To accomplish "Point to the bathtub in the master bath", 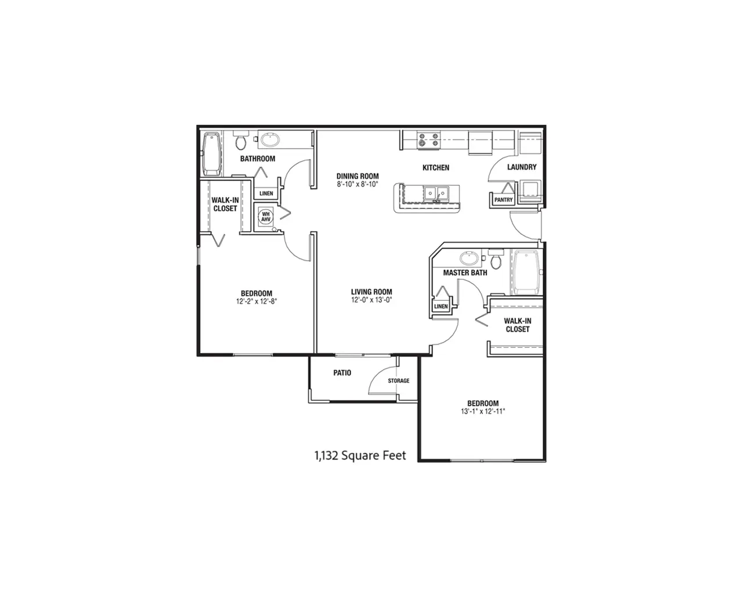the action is pos(526,272).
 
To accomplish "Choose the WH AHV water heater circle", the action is pos(265,217).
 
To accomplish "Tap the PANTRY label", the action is pos(503,200).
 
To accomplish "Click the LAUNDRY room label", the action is pos(522,167).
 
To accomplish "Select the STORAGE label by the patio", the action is pos(398,380).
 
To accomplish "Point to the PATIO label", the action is pos(342,373).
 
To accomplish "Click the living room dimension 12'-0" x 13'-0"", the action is pos(371,300).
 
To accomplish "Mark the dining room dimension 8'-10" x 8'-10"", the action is pos(358,185).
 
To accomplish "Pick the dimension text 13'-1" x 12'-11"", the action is pos(483,412).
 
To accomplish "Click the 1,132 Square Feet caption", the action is pos(360,456).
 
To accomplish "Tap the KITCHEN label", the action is pos(436,168).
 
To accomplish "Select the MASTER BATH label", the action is pos(465,273).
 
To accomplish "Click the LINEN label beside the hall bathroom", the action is pos(266,193).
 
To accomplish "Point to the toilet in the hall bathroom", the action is pos(240,141).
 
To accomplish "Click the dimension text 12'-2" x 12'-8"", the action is pos(257,301).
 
